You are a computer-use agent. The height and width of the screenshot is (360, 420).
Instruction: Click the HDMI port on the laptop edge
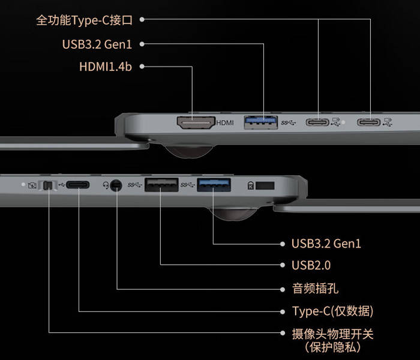coord(196,122)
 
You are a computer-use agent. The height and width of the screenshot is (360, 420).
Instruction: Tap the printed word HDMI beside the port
coord(225,122)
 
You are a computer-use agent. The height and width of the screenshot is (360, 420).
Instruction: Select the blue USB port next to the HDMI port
coord(260,122)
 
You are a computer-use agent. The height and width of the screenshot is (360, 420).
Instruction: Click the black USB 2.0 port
coord(161,185)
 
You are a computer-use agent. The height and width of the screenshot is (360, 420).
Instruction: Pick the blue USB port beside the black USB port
coord(214,185)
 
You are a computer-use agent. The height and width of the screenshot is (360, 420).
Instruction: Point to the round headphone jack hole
coord(116,185)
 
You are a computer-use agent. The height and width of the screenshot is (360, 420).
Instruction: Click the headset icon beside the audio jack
coord(106,185)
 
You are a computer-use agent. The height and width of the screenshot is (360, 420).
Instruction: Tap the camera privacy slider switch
coord(48,185)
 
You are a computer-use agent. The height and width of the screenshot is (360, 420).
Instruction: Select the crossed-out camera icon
coord(32,185)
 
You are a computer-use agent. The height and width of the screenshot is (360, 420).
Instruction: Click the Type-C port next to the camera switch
coord(77,185)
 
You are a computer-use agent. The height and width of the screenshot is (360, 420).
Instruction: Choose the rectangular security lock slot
coord(265,185)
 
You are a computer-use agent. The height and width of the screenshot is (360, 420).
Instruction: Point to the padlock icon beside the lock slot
coord(250,185)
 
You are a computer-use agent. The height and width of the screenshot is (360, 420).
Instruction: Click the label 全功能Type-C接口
coord(85,20)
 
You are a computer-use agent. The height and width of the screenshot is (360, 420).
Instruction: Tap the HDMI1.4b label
coord(106,67)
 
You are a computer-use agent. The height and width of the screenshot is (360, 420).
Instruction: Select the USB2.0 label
coord(311,265)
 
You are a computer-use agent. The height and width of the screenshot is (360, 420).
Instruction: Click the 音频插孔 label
coord(315,289)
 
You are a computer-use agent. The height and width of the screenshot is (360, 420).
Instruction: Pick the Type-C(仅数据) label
coord(332,311)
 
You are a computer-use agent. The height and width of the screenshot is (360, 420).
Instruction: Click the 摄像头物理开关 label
coord(332,334)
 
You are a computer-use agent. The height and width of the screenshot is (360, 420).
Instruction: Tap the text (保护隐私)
coord(332,347)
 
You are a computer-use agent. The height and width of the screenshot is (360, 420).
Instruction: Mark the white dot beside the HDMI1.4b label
coord(142,67)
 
